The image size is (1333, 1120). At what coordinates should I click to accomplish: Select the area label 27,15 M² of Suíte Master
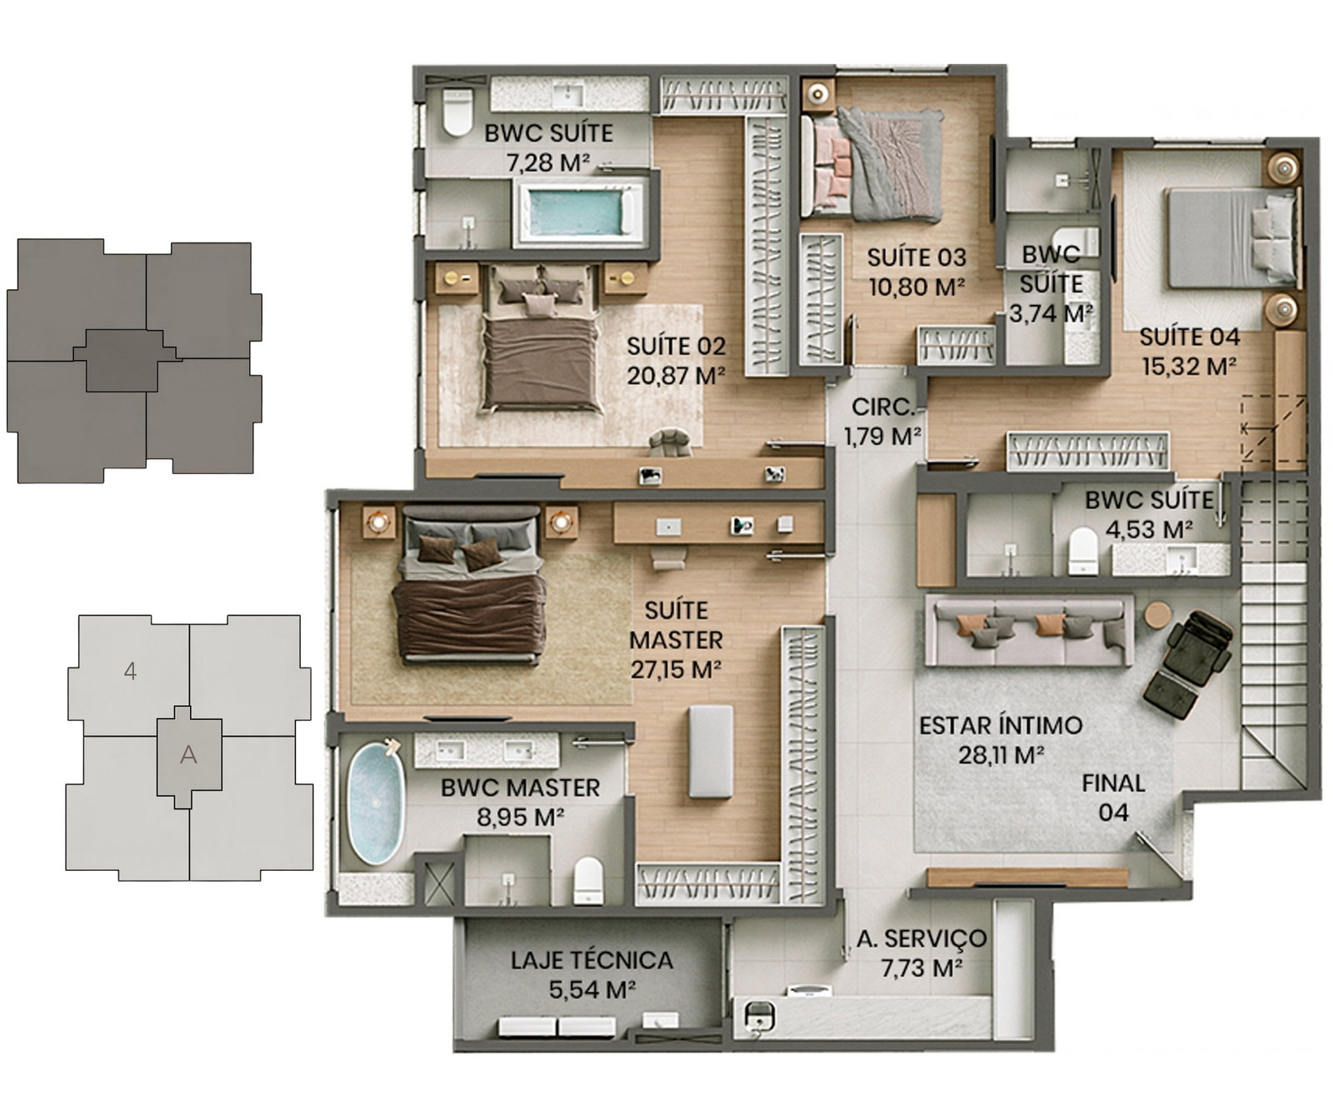pos(676,669)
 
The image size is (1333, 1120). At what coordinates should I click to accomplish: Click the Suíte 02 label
pos(676,346)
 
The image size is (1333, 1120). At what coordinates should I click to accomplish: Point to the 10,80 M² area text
pos(916,287)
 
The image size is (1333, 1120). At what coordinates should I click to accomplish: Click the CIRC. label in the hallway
pos(883,407)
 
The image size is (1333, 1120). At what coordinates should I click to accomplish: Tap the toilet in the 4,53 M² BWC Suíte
pos(1083,551)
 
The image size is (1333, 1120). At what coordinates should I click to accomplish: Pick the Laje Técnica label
pos(592,961)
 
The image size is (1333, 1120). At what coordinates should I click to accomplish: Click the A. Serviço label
pos(921,939)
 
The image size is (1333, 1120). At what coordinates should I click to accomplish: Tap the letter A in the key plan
pos(189,755)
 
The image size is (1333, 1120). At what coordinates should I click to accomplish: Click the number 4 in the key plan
pos(130,671)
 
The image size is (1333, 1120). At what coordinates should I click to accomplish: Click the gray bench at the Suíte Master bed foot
pos(711,752)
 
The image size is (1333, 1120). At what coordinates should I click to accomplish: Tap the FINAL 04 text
pos(1113,797)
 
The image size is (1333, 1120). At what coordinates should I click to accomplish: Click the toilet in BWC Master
pos(588,881)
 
